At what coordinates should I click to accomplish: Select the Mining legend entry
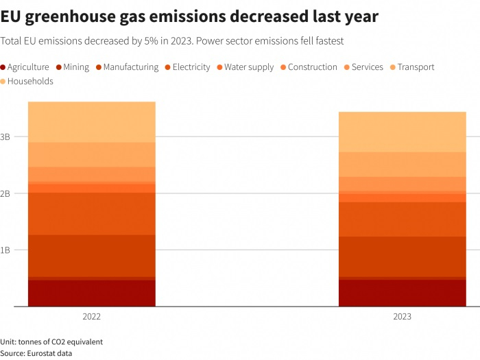click(75, 67)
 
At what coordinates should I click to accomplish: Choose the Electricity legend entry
click(191, 67)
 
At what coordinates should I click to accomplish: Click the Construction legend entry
click(312, 67)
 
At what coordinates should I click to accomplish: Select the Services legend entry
click(367, 67)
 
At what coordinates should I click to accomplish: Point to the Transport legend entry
click(416, 67)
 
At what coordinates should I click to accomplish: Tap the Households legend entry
click(30, 82)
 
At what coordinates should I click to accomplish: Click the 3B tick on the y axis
click(5, 137)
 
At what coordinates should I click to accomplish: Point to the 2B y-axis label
click(5, 194)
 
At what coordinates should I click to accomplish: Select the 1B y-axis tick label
click(5, 250)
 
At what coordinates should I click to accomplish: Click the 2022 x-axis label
click(91, 317)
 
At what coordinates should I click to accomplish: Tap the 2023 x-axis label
click(403, 317)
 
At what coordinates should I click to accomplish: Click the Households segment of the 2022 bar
click(91, 122)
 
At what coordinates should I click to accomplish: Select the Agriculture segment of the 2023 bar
click(403, 293)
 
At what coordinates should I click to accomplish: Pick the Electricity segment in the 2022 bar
click(91, 214)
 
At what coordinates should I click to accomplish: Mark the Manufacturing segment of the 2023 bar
click(403, 256)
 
